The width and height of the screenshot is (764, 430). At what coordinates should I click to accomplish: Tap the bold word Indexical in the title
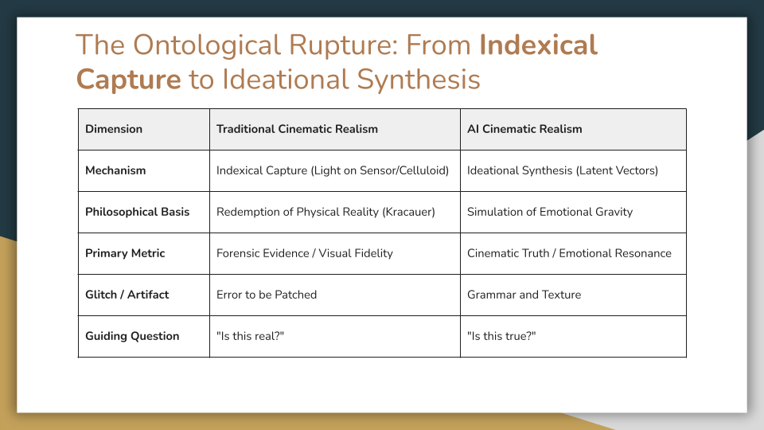(538, 45)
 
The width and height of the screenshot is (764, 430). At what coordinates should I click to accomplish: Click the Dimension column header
(114, 129)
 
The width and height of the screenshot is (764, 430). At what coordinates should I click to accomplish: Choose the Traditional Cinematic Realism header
(297, 129)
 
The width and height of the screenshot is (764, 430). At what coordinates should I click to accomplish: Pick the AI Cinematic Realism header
(524, 129)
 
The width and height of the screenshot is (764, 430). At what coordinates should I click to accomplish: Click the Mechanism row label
(115, 170)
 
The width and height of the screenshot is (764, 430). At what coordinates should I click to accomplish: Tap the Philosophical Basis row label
(138, 212)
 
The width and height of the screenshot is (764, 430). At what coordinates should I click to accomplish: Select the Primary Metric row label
(125, 253)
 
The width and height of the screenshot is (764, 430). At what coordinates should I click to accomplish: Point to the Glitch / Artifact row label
(127, 295)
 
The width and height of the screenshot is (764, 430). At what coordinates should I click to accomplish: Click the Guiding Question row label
(132, 336)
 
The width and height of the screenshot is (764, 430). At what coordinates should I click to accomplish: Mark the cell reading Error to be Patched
(267, 295)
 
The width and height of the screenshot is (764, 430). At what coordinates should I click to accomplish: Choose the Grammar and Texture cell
(524, 295)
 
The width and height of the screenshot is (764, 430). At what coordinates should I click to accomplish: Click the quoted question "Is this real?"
(250, 336)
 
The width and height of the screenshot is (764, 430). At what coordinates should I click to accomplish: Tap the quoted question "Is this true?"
(501, 336)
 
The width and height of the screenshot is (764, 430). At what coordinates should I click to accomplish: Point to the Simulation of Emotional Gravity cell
(550, 212)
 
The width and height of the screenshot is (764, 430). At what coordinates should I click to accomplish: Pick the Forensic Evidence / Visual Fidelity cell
(305, 253)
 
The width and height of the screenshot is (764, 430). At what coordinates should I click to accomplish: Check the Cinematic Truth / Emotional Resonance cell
(569, 253)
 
